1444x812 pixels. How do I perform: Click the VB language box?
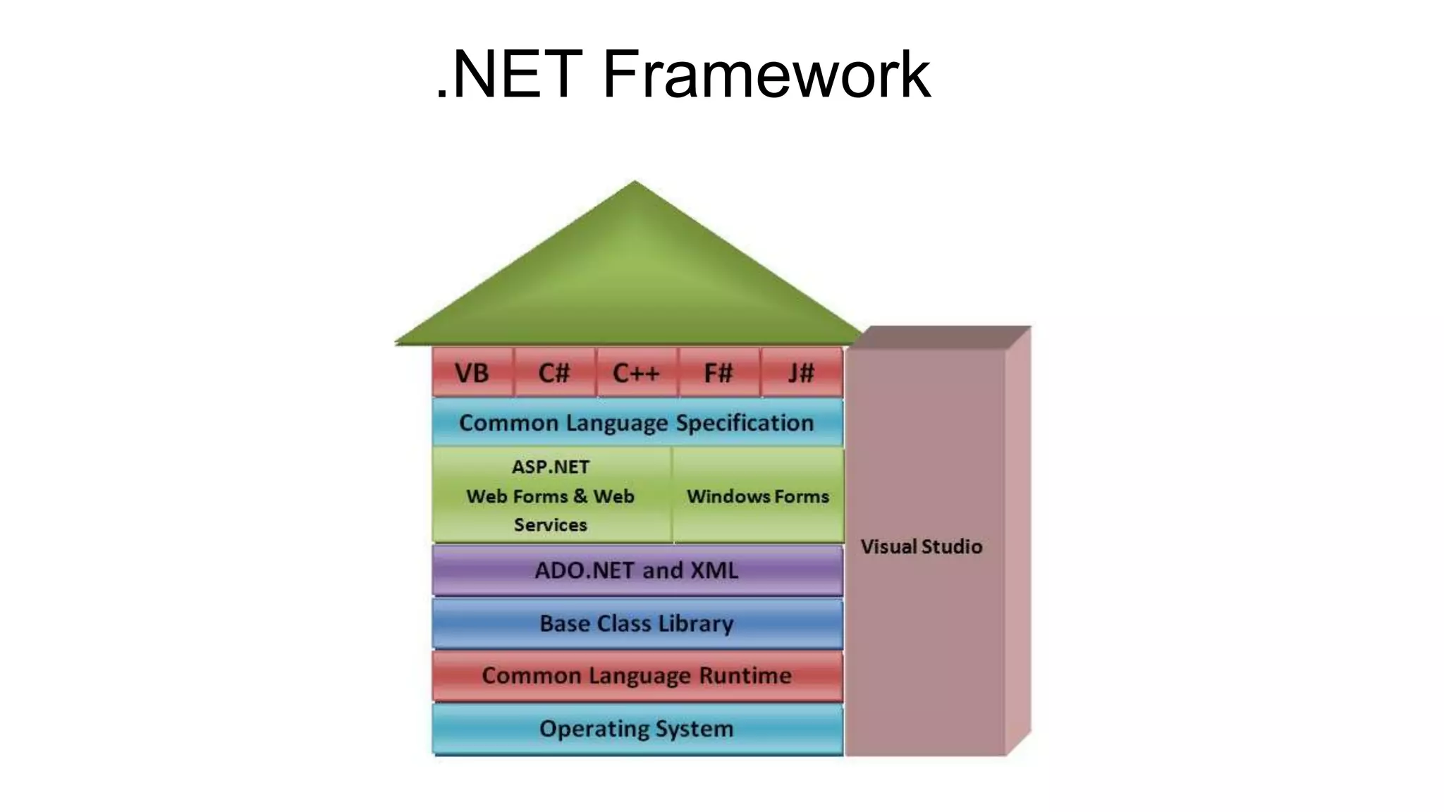click(472, 373)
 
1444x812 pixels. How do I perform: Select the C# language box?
click(554, 373)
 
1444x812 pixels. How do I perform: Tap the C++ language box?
click(636, 373)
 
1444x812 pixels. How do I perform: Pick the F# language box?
click(718, 373)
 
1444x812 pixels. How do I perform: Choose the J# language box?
click(801, 373)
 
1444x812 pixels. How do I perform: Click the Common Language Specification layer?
click(637, 423)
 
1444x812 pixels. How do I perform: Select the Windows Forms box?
click(758, 496)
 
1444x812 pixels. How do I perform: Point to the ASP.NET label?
click(550, 467)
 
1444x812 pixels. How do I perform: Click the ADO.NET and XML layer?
click(637, 570)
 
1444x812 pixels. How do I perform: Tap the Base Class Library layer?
click(637, 624)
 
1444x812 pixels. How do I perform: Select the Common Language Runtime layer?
click(637, 676)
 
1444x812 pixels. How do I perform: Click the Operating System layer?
click(637, 729)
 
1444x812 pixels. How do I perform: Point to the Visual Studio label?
click(922, 547)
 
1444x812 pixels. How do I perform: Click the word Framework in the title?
click(766, 74)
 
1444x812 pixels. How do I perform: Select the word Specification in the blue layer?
click(745, 423)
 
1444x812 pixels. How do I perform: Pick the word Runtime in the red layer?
click(745, 676)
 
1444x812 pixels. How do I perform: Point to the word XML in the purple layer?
click(714, 570)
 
